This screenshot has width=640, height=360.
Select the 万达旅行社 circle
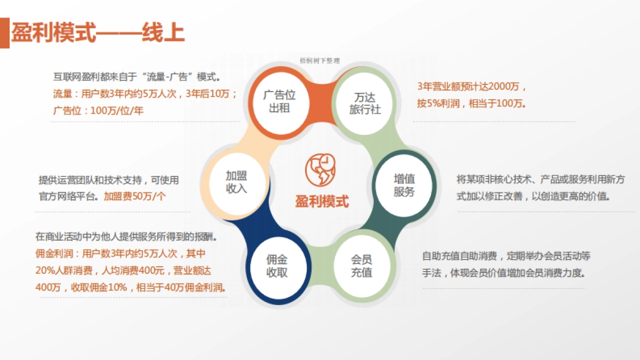point(365,102)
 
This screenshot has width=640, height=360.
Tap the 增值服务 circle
point(404,185)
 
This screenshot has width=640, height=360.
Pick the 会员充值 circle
point(361,266)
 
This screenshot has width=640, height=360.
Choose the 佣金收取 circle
point(277,266)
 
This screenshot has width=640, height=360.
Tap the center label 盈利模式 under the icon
point(322,202)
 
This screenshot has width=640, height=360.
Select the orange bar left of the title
point(4,33)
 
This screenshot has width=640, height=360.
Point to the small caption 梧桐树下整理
point(320,61)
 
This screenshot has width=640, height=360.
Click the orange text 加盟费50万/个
point(135,196)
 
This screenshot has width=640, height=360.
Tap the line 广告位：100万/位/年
point(98,111)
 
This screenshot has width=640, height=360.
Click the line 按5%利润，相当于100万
point(471,103)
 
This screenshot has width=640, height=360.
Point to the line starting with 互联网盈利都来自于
point(137,77)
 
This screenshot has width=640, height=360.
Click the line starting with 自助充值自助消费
point(506,257)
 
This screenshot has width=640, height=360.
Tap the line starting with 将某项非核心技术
point(541,180)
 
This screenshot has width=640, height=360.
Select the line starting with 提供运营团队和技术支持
point(109,180)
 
